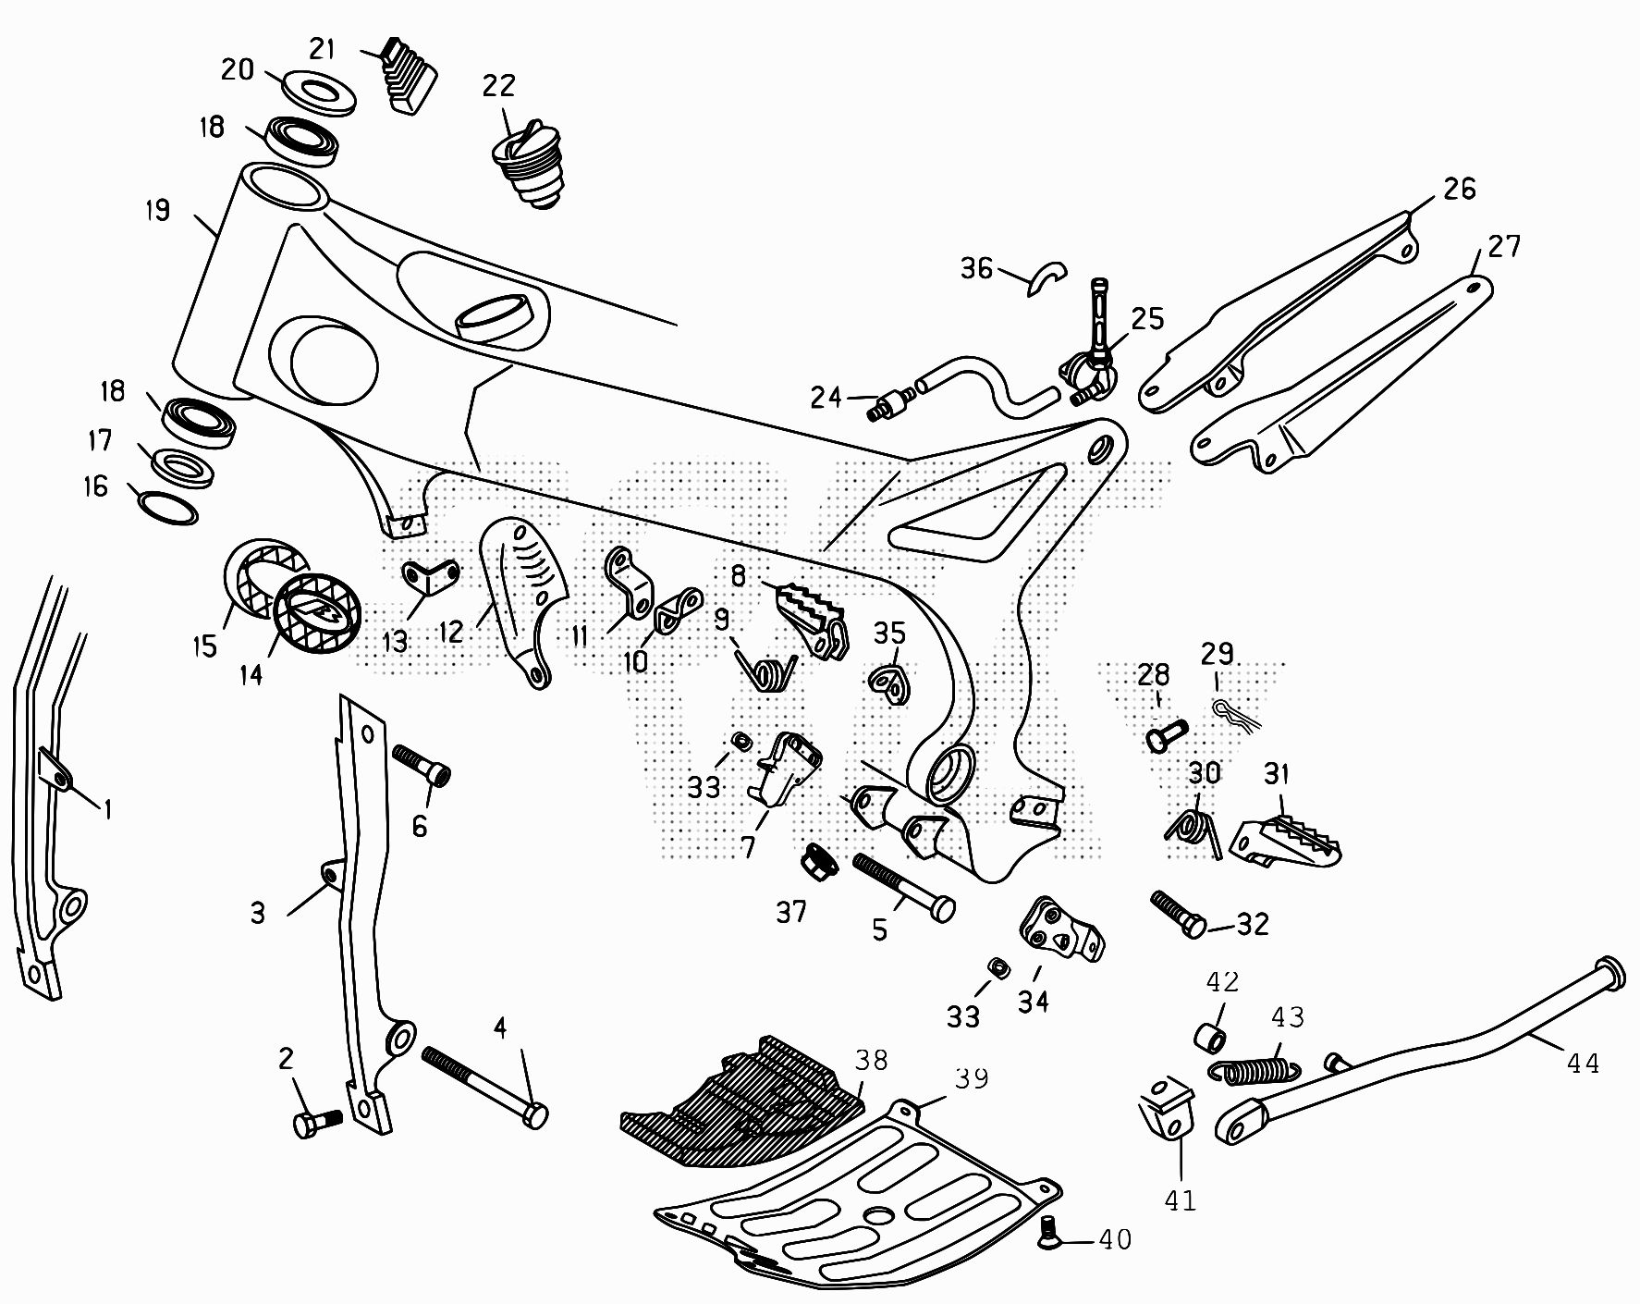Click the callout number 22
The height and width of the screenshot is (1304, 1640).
(498, 86)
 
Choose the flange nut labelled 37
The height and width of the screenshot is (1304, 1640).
(818, 864)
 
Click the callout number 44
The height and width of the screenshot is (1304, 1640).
(1582, 1064)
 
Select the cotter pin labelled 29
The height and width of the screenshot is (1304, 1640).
(1233, 713)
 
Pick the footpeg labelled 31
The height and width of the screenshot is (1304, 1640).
(1285, 834)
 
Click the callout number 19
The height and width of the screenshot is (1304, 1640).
(158, 211)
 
